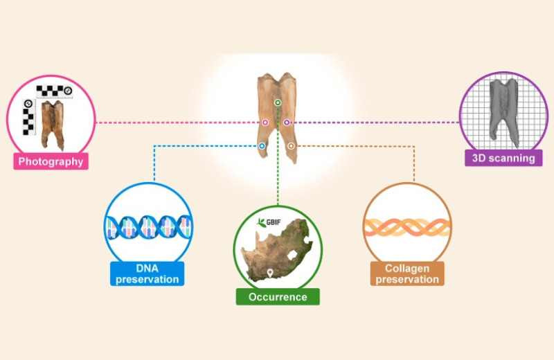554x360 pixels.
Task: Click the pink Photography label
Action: [51, 161]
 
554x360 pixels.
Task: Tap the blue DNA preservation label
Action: [148, 273]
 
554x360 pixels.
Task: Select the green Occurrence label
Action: [278, 297]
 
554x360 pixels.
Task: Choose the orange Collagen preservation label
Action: [407, 273]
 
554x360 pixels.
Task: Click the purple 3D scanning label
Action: [503, 158]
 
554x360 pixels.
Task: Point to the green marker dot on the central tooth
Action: [278, 102]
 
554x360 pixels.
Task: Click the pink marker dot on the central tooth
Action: [265, 123]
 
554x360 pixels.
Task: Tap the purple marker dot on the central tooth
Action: [287, 123]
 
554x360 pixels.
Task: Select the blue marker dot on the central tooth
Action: [262, 146]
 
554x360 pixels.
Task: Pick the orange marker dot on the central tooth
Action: [291, 146]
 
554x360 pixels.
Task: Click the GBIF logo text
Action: [273, 222]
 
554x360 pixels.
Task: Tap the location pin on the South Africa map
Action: [270, 273]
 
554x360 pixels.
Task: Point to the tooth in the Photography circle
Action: [53, 125]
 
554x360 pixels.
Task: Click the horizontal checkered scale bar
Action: [55, 91]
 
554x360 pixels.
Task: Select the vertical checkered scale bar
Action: [28, 117]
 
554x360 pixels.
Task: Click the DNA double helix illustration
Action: [148, 227]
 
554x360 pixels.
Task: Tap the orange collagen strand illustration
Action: [407, 227]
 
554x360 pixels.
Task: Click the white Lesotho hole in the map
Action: [292, 255]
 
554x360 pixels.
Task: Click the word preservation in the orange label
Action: [407, 280]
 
